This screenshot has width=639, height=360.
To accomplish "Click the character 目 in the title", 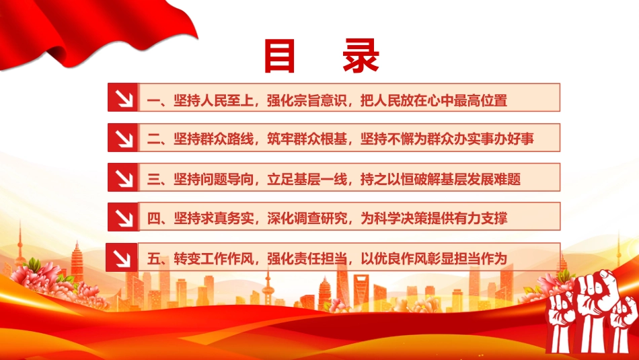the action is pos(280,56).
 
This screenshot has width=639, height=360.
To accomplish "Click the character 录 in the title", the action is pos(361,56).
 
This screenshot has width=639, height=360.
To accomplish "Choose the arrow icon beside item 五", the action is pos(122,258).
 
